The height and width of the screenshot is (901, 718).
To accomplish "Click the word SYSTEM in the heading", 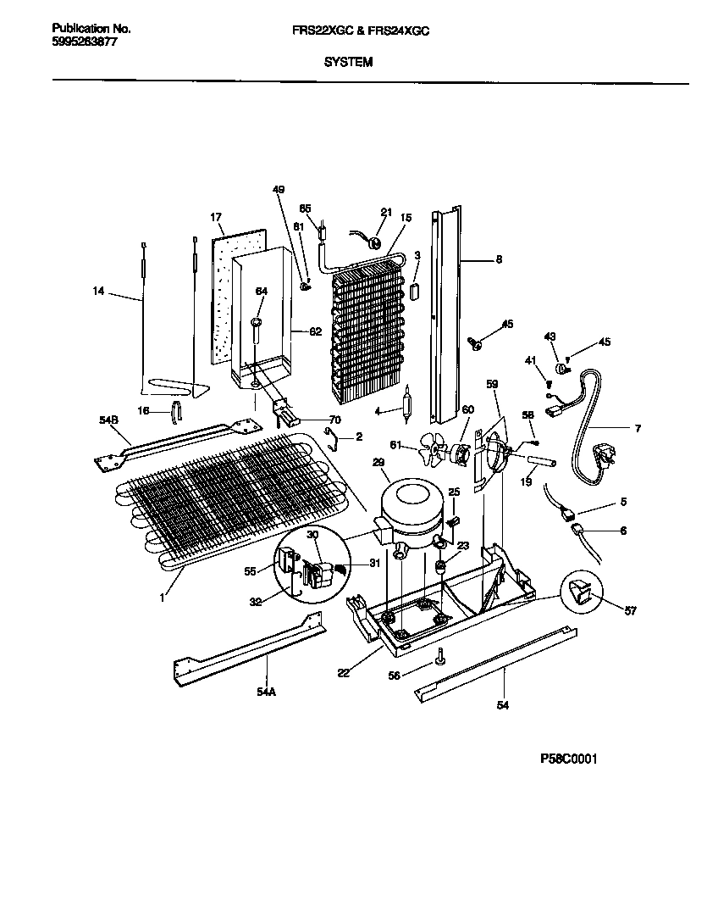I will click(348, 63).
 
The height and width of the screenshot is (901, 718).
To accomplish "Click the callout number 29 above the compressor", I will click(378, 461).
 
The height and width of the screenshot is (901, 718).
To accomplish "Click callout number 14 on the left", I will click(99, 292).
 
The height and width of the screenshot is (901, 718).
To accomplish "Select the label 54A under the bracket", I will click(266, 691).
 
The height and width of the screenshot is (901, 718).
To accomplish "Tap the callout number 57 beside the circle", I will click(630, 610).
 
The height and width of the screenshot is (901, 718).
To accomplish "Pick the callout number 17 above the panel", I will click(215, 216).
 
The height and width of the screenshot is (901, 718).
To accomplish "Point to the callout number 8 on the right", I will click(499, 260).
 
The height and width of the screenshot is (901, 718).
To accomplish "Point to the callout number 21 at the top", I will click(386, 212).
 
